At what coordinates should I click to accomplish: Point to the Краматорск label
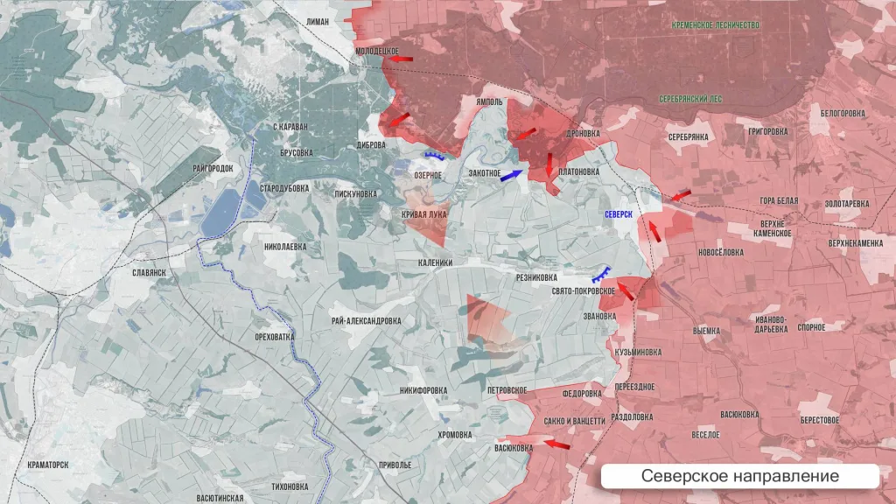[48, 465]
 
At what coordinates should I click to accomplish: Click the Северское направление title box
[739, 476]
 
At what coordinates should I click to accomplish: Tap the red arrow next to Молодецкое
[402, 59]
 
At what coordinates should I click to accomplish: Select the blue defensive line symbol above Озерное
[434, 157]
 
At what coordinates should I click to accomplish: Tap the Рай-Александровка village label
[367, 320]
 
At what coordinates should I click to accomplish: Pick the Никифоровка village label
[423, 390]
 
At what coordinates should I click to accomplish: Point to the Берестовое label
[819, 420]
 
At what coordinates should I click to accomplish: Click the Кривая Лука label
[424, 213]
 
